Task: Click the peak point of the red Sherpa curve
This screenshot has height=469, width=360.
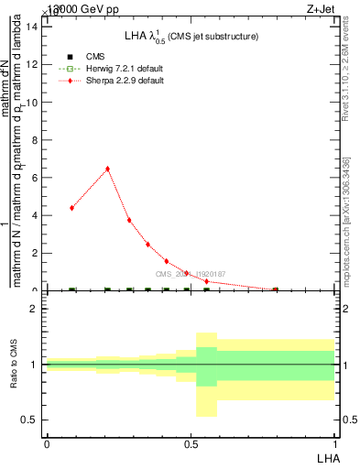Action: (108, 169)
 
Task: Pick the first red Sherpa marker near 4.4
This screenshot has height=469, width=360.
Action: (71, 208)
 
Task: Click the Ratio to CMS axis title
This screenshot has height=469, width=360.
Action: (15, 365)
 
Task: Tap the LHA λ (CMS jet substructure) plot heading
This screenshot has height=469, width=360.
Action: (191, 37)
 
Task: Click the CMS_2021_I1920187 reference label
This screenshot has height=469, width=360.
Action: (190, 274)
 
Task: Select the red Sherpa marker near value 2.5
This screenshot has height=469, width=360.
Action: (147, 245)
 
